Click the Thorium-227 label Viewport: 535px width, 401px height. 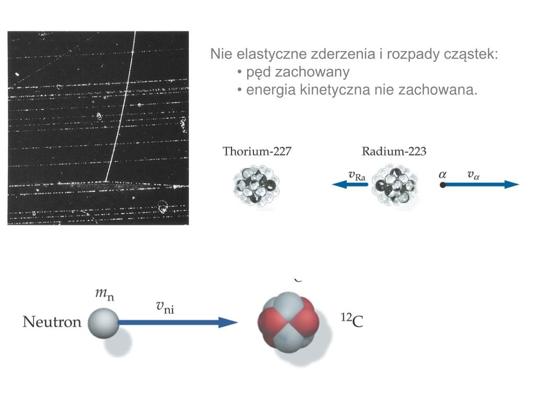[x=257, y=152]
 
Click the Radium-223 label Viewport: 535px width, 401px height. [x=394, y=152]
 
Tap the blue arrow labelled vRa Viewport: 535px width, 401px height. [x=350, y=184]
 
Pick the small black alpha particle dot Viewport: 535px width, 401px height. [x=443, y=184]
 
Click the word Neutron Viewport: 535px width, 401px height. [x=52, y=322]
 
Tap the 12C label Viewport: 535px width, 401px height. [x=352, y=321]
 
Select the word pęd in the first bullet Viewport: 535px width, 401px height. [x=258, y=72]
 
